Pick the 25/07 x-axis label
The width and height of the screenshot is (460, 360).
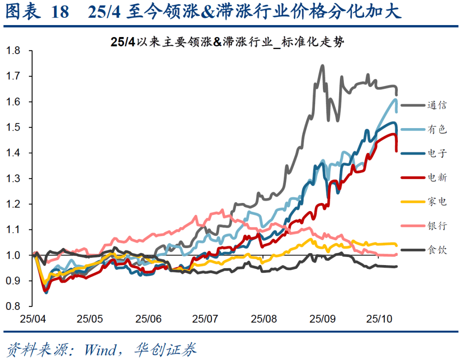pyautogui.click(x=205, y=318)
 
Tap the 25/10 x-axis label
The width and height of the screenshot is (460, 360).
pyautogui.click(x=379, y=318)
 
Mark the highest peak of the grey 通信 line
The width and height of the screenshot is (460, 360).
pyautogui.click(x=322, y=66)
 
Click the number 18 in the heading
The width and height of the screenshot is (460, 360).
pyautogui.click(x=59, y=12)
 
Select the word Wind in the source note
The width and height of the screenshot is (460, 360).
pyautogui.click(x=100, y=350)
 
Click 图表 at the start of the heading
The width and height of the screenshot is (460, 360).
pyautogui.click(x=22, y=12)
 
